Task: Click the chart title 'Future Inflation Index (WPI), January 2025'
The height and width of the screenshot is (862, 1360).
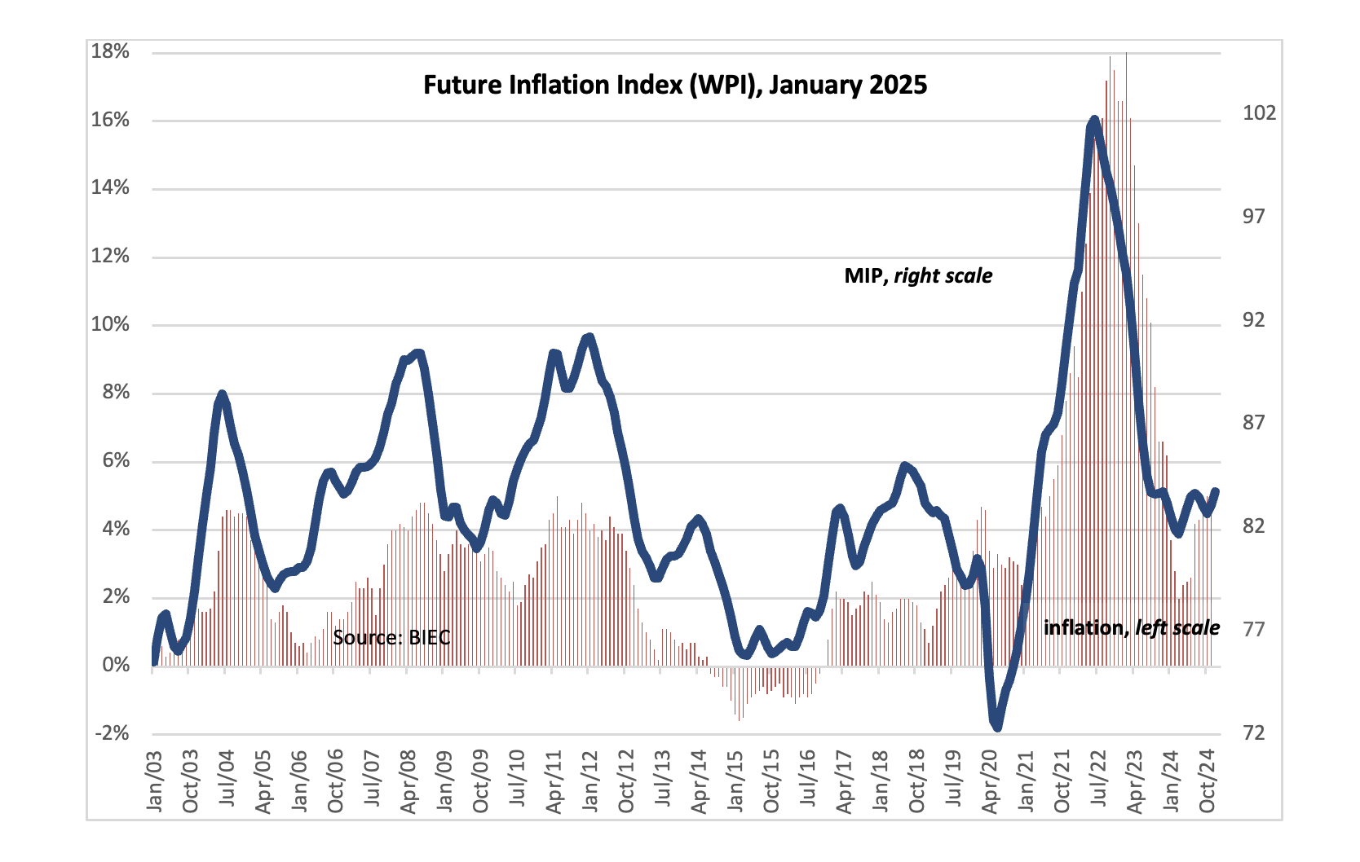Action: click(675, 86)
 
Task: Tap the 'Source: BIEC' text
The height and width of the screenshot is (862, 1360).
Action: click(391, 637)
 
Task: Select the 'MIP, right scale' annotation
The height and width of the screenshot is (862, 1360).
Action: click(918, 276)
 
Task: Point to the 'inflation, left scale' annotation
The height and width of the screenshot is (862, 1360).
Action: click(1131, 627)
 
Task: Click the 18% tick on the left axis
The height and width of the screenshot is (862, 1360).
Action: click(110, 52)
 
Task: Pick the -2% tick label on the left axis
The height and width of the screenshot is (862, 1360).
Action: click(112, 733)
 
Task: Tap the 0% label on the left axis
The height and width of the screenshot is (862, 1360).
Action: click(116, 666)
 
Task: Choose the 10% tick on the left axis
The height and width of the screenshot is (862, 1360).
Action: click(110, 324)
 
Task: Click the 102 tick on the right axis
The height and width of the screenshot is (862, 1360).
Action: click(1259, 113)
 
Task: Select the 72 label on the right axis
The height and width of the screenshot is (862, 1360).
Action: click(1253, 732)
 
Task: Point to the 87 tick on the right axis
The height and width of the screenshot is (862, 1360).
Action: click(1253, 422)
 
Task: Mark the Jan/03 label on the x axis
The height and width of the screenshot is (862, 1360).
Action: click(154, 782)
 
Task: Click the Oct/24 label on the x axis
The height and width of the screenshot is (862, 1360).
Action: click(1208, 782)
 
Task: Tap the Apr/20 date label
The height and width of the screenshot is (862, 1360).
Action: click(990, 782)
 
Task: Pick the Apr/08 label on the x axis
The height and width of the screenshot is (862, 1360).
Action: click(408, 782)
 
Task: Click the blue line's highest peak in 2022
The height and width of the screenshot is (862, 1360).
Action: click(1093, 121)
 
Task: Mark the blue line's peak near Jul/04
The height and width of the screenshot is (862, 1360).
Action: click(222, 395)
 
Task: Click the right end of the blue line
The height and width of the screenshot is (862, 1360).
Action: click(1216, 491)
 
